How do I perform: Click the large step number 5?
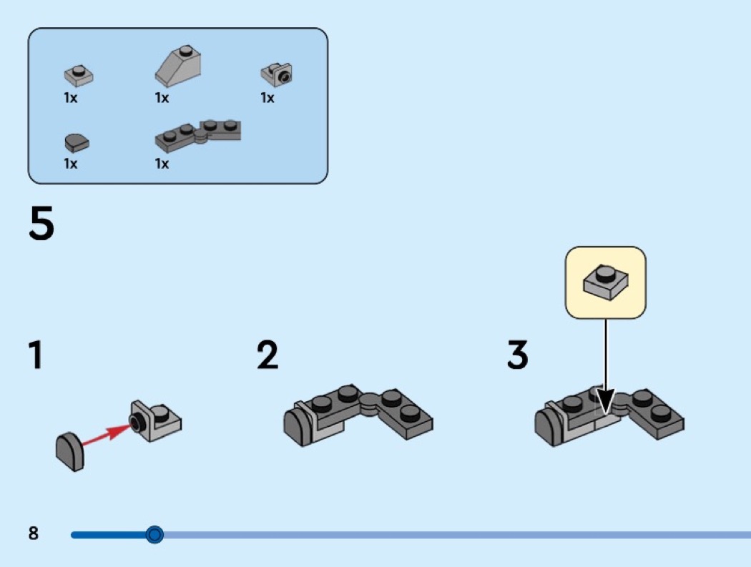[41, 223]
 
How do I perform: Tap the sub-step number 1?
[34, 355]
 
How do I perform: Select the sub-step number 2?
[267, 355]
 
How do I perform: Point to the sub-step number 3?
[517, 355]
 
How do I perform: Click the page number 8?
[34, 533]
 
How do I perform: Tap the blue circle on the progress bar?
[154, 534]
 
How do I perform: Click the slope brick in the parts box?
[178, 69]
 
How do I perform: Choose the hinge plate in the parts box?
[198, 134]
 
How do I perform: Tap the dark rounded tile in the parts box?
[77, 142]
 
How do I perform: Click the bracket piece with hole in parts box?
[277, 73]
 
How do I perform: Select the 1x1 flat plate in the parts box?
[79, 74]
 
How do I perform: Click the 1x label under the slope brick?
[162, 98]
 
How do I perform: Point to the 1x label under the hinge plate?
[162, 164]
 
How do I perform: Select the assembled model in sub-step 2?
[358, 417]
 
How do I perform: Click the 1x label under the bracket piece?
[267, 98]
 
